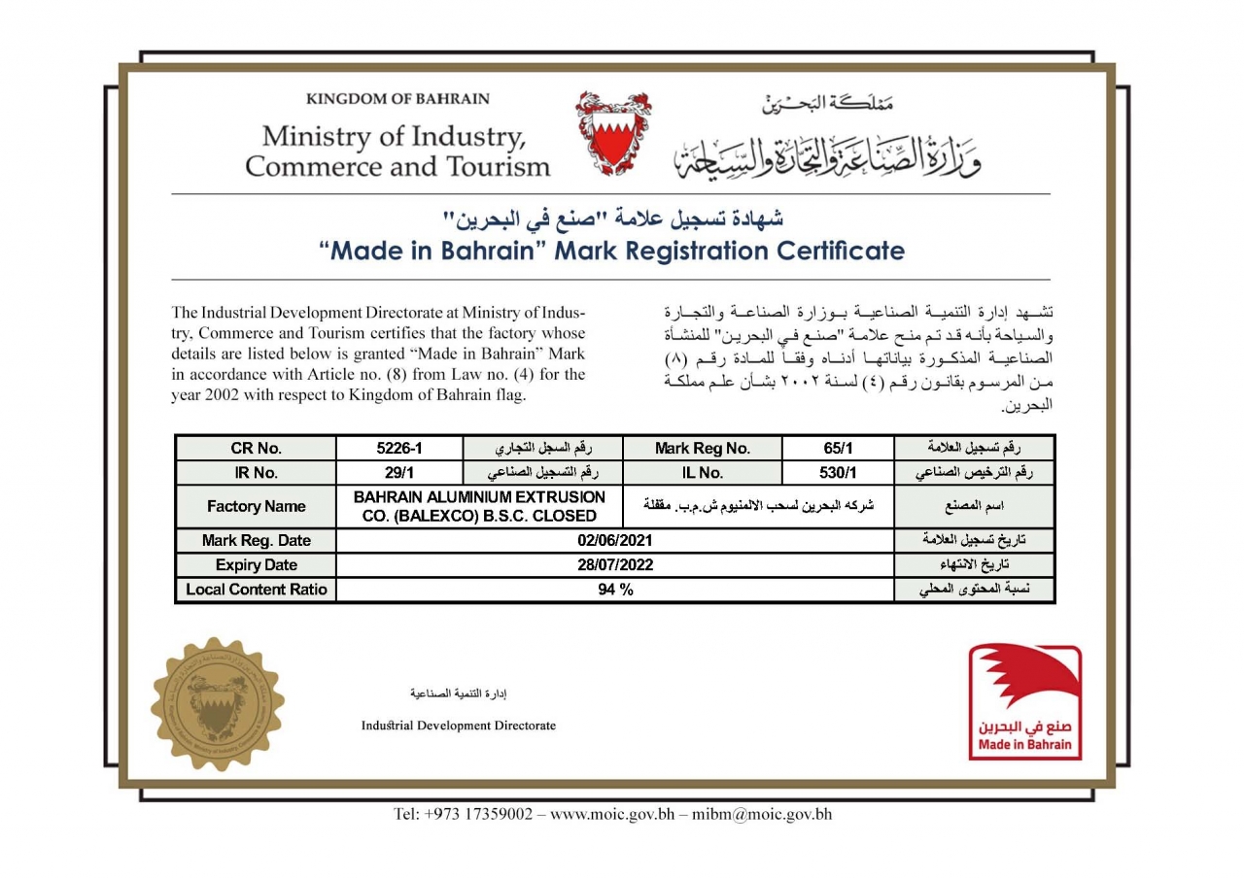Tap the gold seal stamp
pyautogui.click(x=217, y=704)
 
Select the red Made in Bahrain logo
pyautogui.click(x=1024, y=702)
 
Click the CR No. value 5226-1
pyautogui.click(x=400, y=448)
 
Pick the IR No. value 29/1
pyautogui.click(x=400, y=473)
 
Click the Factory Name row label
pyautogui.click(x=256, y=506)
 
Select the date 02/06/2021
pyautogui.click(x=614, y=540)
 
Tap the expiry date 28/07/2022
pyautogui.click(x=614, y=564)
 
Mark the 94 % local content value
pyautogui.click(x=614, y=590)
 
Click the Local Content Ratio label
pyautogui.click(x=256, y=590)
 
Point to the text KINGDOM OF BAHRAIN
pyautogui.click(x=397, y=99)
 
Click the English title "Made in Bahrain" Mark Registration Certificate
pyautogui.click(x=612, y=252)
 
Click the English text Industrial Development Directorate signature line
pyautogui.click(x=459, y=726)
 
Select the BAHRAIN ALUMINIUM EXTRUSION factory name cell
pyautogui.click(x=479, y=506)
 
